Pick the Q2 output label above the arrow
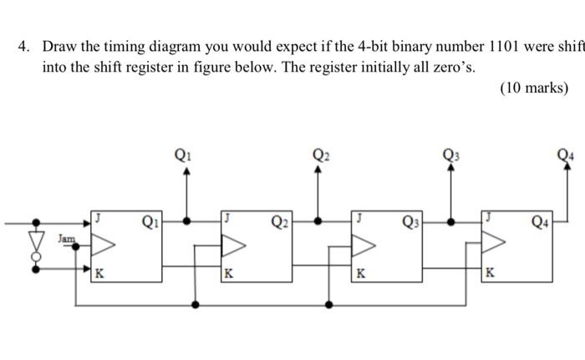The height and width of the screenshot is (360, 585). click(x=321, y=153)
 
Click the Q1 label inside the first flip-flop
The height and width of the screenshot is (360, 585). click(x=150, y=221)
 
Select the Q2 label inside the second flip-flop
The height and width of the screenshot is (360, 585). click(x=281, y=221)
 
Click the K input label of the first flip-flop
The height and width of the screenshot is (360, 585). click(x=99, y=273)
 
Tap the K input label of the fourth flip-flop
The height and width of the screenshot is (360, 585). click(x=491, y=273)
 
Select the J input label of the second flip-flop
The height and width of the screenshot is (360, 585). click(x=227, y=216)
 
